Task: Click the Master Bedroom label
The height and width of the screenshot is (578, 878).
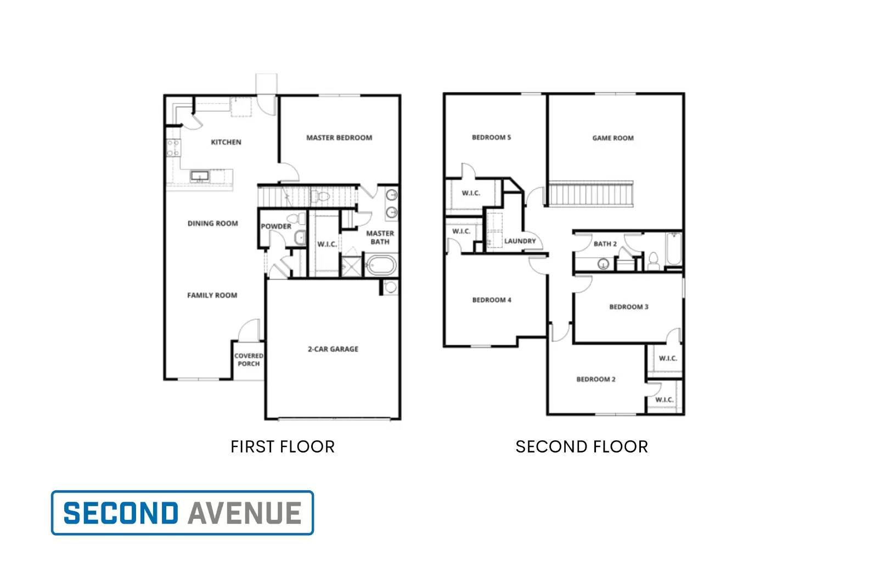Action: (x=339, y=138)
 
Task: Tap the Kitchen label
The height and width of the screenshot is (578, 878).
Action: (x=226, y=142)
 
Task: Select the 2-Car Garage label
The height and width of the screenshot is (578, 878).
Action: (x=333, y=349)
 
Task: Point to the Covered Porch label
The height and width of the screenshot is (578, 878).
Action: (x=249, y=360)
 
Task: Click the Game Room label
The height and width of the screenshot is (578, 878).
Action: (x=613, y=138)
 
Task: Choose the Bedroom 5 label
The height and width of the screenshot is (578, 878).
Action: (x=491, y=137)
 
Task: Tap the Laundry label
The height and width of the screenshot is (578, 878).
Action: (x=520, y=241)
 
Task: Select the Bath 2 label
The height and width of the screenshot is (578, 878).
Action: (x=605, y=243)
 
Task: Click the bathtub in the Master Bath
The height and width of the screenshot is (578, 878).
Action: (x=381, y=265)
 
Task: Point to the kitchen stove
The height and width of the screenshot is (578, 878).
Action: (x=173, y=148)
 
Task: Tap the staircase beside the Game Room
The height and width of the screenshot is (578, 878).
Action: (x=591, y=194)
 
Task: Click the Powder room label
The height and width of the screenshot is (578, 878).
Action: (x=276, y=226)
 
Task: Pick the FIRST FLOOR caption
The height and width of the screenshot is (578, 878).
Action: (x=282, y=447)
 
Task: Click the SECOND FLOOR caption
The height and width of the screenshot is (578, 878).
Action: (x=582, y=447)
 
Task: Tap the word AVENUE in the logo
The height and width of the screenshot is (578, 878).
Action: (x=245, y=513)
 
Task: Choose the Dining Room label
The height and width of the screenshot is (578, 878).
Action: (x=213, y=223)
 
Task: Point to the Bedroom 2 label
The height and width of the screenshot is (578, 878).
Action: (x=595, y=379)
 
